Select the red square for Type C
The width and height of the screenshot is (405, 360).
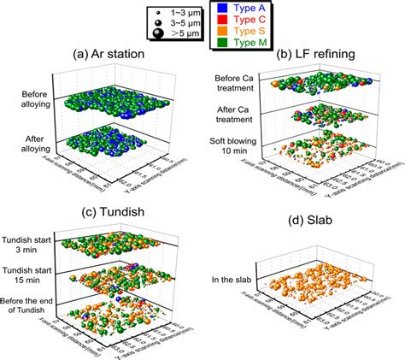point(222,17)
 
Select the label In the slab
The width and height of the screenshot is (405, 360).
point(232,280)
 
